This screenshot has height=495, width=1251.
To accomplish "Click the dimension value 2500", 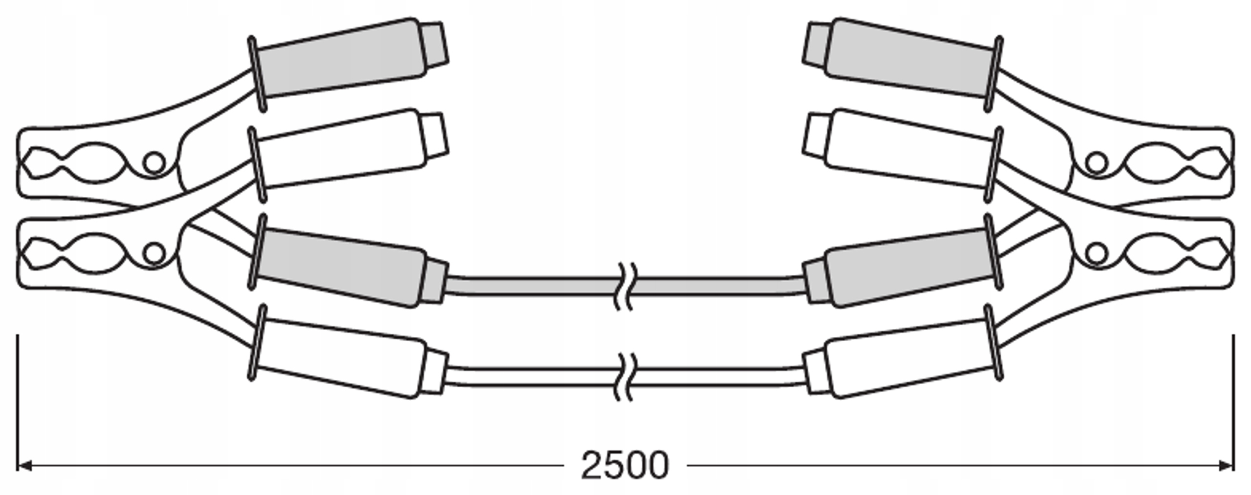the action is click(625, 465).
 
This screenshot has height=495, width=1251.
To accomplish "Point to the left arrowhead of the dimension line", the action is click(24, 466).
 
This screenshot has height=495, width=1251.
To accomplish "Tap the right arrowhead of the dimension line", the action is click(1227, 466).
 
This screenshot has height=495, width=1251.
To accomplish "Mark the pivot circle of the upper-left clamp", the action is click(154, 163).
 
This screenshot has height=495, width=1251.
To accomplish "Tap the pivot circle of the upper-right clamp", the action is click(1097, 163).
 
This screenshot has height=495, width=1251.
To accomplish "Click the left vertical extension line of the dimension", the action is click(18, 403).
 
